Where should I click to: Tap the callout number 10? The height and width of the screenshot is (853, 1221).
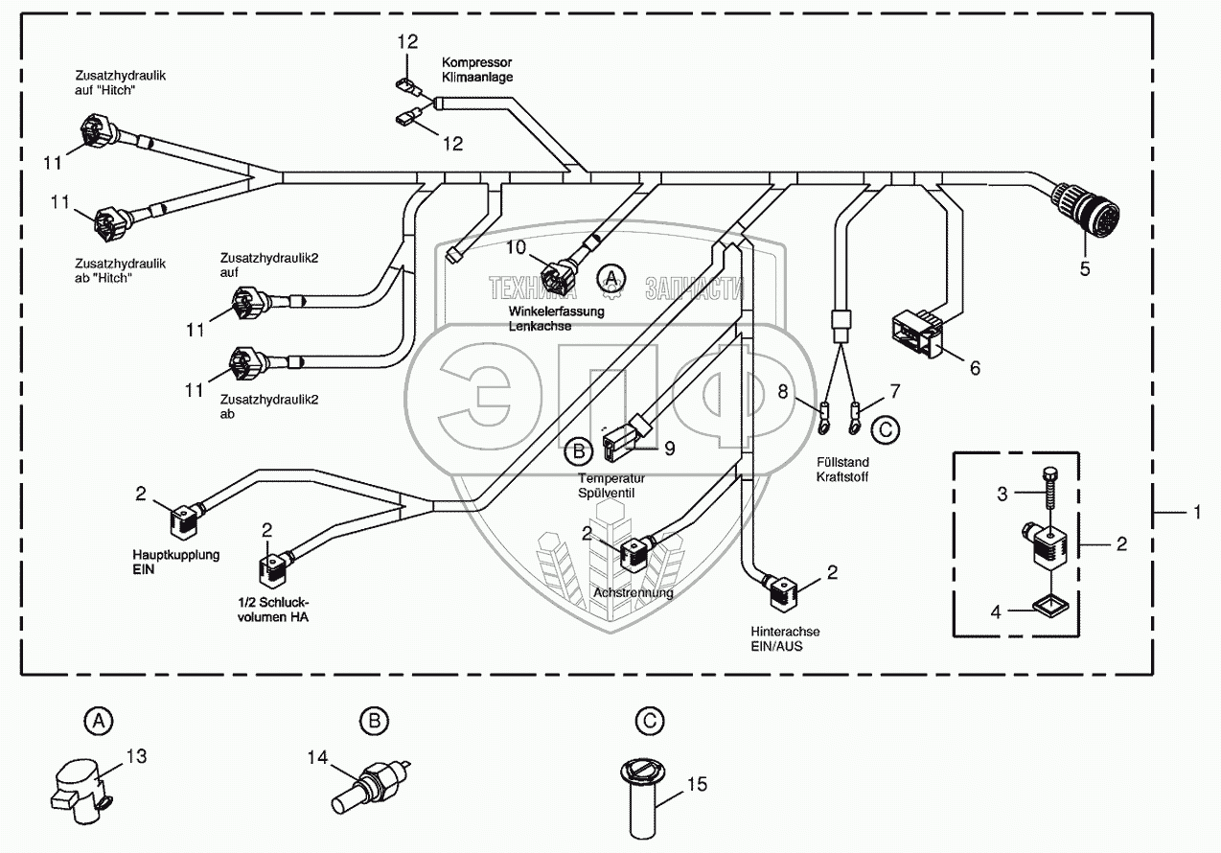pos(516,247)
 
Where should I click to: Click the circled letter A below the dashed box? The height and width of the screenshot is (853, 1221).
pos(99,721)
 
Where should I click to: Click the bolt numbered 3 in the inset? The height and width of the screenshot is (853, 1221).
pos(1049,487)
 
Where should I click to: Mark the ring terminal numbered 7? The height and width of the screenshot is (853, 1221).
pos(854,419)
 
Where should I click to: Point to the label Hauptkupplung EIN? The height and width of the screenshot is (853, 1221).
pos(176,562)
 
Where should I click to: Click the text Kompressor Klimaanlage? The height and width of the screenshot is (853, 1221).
pos(477,70)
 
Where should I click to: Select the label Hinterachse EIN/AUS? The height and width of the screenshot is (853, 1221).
pos(785,639)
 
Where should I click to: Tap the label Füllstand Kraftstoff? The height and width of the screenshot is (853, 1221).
pos(842,470)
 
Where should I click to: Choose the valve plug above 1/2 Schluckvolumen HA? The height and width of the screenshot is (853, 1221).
pos(276,568)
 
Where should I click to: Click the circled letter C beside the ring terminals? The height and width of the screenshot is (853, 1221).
pos(886,430)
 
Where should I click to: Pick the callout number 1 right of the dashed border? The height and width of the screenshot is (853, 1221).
pos(1196,512)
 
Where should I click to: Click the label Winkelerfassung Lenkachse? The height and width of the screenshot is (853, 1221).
pos(557,319)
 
